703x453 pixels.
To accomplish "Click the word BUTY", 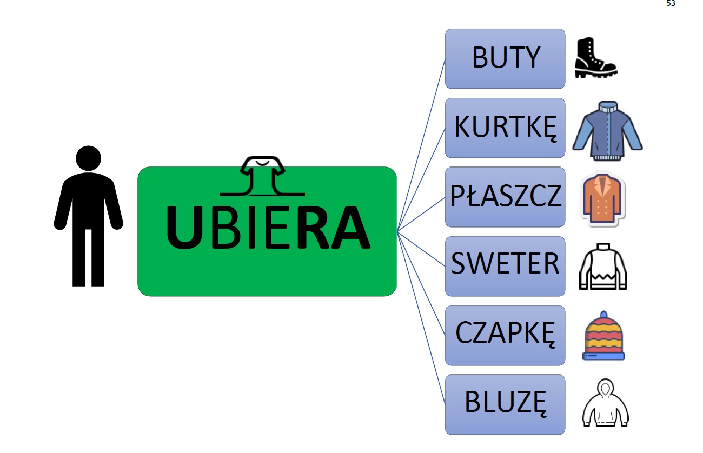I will click(x=506, y=58).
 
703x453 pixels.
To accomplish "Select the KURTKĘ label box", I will click(x=505, y=128).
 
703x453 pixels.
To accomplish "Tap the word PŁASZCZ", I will click(x=505, y=197).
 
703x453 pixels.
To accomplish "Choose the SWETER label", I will click(x=505, y=265).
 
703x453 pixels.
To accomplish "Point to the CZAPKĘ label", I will click(x=505, y=335).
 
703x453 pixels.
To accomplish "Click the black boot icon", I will click(x=594, y=58).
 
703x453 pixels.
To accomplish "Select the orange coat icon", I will click(x=603, y=199).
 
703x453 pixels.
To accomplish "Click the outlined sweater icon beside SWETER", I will click(x=603, y=266).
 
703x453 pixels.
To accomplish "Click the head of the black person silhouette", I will click(x=88, y=158).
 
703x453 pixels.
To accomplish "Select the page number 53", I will click(x=671, y=3).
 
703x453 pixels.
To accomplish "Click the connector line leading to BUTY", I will click(x=422, y=143).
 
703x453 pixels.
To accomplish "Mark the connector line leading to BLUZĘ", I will click(x=422, y=319).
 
